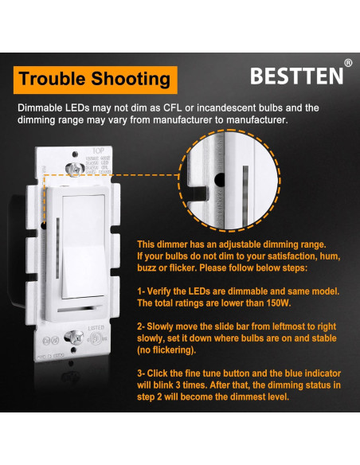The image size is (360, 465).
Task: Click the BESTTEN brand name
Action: click(x=296, y=76)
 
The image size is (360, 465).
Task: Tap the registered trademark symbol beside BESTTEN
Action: click(x=347, y=63)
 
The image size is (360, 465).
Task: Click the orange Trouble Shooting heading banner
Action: click(x=94, y=80)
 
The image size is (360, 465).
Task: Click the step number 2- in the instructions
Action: click(x=142, y=326)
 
